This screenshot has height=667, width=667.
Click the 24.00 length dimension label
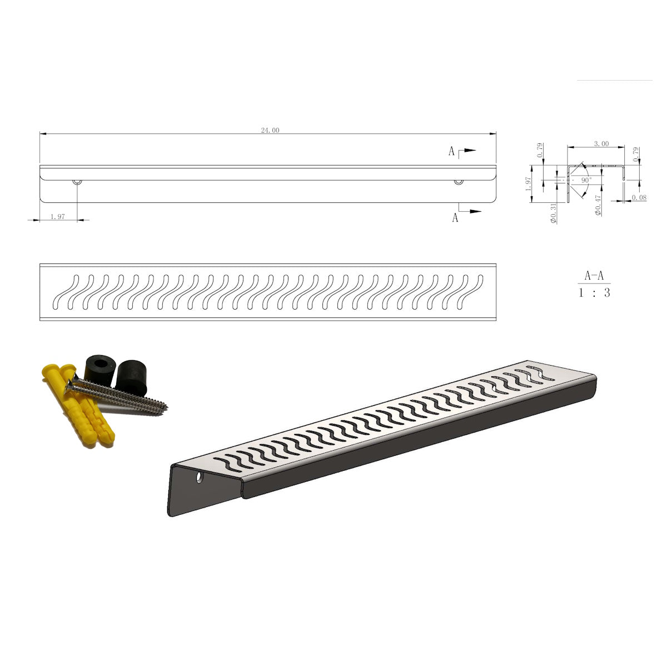coord(270,131)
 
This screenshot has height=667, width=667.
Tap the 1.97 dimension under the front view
coord(57,217)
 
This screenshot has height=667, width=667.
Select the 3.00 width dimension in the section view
coord(601,143)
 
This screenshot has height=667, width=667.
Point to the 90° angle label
coord(587,180)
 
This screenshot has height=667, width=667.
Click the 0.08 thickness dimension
coord(639,198)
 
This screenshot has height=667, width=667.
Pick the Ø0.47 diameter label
coord(598,206)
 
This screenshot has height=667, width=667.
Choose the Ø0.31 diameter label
coord(554,213)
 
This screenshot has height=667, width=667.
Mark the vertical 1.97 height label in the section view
coord(528,184)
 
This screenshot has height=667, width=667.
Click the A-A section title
coord(594,276)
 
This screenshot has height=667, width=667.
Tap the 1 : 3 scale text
coord(594,293)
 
